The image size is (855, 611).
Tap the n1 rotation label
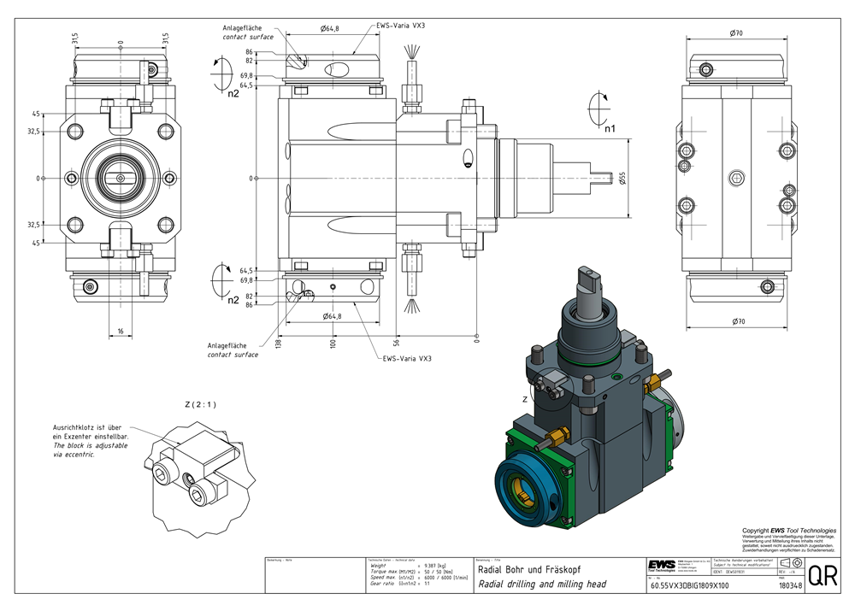click(x=610, y=132)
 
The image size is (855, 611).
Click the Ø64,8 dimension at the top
click(x=329, y=28)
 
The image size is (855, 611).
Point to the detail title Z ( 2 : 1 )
click(x=200, y=404)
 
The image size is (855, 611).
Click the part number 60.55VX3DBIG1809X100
click(x=690, y=586)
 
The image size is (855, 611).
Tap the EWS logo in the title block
click(x=660, y=566)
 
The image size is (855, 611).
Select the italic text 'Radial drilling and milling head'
click(x=541, y=585)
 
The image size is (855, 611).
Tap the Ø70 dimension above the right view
click(x=735, y=32)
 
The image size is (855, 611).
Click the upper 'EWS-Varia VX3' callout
click(x=401, y=26)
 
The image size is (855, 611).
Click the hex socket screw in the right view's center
click(x=736, y=178)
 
